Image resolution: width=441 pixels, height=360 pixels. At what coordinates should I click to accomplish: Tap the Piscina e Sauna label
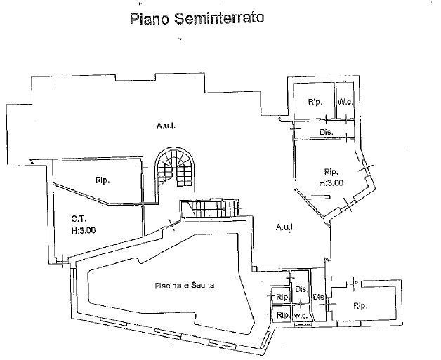point(185,286)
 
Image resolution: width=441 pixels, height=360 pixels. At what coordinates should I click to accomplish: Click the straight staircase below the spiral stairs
point(209,208)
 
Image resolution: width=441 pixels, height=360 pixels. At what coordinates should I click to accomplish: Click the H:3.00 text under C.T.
point(83,229)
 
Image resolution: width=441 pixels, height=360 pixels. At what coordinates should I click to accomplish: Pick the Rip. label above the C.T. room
point(103,180)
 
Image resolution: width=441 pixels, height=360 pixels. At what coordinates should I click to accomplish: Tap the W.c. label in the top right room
point(344,102)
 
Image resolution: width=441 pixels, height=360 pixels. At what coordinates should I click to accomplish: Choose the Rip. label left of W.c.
point(314,102)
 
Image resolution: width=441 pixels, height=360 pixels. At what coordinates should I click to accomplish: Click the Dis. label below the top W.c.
point(325,132)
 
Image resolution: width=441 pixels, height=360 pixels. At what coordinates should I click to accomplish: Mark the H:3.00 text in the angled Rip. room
point(331,182)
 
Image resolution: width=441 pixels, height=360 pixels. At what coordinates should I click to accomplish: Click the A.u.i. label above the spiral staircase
point(166,126)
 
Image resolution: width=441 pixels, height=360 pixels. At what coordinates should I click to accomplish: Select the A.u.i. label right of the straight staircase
point(285,227)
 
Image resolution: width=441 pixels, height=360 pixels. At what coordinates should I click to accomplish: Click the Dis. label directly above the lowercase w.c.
point(301,290)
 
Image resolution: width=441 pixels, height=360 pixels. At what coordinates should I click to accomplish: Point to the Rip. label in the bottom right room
point(360,305)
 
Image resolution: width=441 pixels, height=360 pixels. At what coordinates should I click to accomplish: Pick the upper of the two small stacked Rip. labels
point(281,298)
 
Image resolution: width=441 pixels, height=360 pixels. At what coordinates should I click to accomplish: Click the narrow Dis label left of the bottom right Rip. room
point(317,297)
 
